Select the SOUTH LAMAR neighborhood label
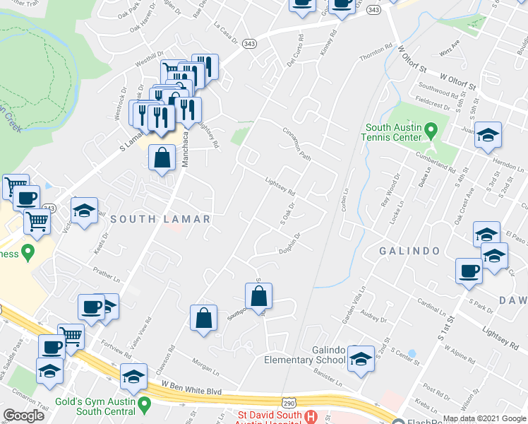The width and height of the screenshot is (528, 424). pyautogui.click(x=160, y=219)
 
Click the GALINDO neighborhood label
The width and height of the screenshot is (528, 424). pyautogui.click(x=410, y=251)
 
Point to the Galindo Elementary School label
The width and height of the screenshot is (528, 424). pyautogui.click(x=304, y=355)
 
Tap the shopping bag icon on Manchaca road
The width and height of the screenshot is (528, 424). pyautogui.click(x=162, y=157)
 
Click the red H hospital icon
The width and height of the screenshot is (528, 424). pyautogui.click(x=310, y=418)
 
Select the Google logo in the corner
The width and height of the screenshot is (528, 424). pyautogui.click(x=24, y=416)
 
